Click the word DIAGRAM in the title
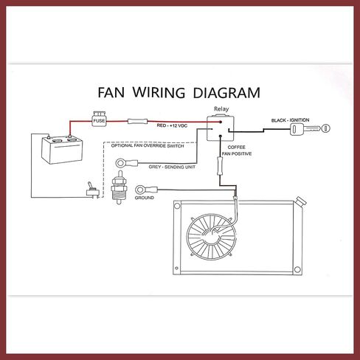click(226, 93)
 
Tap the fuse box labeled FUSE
click(99, 120)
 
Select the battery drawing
click(62, 149)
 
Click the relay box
click(220, 128)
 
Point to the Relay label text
click(221, 109)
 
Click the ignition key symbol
click(310, 128)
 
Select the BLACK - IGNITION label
click(290, 120)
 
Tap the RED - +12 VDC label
click(172, 125)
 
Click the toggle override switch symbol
click(92, 190)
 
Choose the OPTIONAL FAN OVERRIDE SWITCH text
click(148, 146)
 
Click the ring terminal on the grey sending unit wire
click(127, 162)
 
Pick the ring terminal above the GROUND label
click(146, 190)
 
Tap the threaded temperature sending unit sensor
click(120, 187)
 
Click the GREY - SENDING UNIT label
click(172, 167)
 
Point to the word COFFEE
click(236, 148)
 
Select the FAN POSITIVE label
click(237, 154)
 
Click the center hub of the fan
click(211, 237)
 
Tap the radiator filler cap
click(301, 201)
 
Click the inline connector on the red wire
click(137, 121)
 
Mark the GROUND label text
click(145, 198)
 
